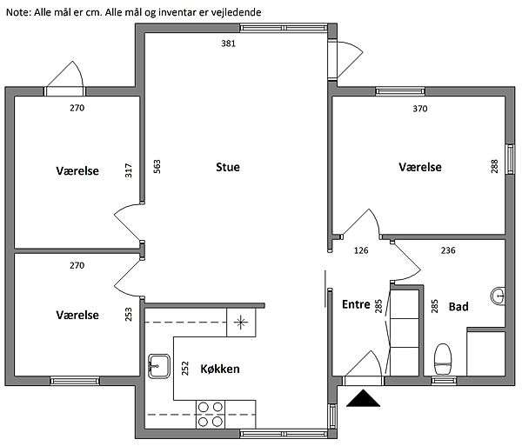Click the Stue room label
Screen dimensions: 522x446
point(228,167)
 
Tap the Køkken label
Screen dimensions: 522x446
point(220,369)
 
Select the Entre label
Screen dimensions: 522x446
point(356,304)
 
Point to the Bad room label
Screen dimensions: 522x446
point(458,306)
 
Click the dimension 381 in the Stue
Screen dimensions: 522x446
point(228,43)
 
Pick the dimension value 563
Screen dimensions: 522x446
point(157,167)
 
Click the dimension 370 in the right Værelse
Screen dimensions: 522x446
point(420,109)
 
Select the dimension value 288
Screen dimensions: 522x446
point(494,166)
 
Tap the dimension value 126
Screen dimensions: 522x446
point(361,250)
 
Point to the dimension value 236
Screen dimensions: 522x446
point(448,250)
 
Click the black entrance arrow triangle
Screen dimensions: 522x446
point(363,398)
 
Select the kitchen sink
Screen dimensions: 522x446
point(159,366)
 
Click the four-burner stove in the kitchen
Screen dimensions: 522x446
point(210,415)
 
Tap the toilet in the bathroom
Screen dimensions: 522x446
point(443,359)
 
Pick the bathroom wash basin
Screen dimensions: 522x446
point(498,296)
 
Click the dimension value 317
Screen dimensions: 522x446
point(129,170)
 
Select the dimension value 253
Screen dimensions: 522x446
point(129,315)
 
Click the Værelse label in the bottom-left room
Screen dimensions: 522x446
point(77,315)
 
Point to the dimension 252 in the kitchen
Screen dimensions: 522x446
point(185,368)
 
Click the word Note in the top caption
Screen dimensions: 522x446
point(18,12)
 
